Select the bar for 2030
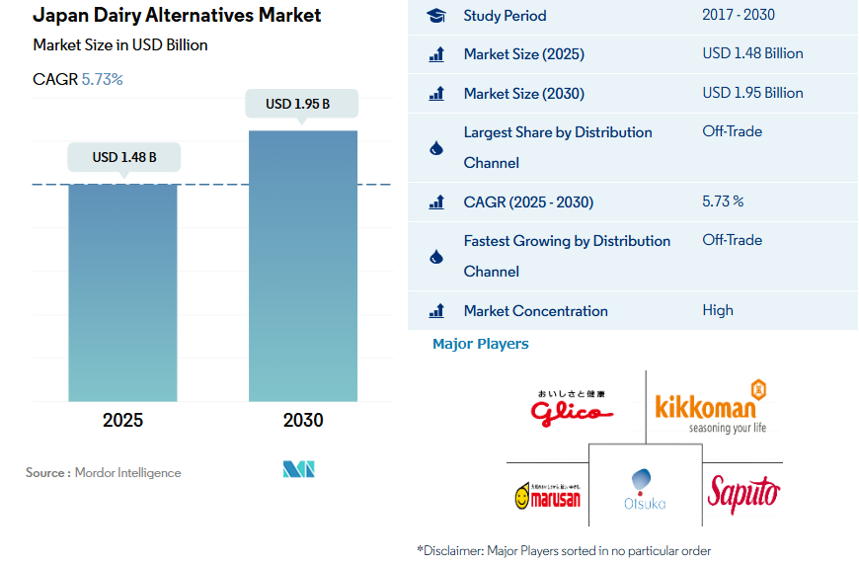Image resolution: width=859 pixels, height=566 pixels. tap(303, 266)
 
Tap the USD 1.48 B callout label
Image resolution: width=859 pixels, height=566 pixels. tap(123, 157)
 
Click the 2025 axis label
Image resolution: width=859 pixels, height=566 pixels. tap(122, 420)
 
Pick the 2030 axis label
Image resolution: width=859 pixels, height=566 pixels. tap(303, 420)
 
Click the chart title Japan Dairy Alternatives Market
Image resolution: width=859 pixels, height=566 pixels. tap(177, 16)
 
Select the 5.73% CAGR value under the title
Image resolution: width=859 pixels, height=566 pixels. tap(102, 79)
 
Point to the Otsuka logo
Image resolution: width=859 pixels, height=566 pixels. tap(644, 489)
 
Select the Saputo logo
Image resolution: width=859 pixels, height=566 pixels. tap(742, 492)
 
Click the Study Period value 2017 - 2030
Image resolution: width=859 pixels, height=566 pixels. tap(739, 15)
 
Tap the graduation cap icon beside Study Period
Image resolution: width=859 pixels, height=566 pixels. tap(436, 16)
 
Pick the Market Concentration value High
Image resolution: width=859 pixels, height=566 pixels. tap(718, 310)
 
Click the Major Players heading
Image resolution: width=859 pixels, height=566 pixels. tap(481, 344)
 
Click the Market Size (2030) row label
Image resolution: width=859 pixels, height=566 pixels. tap(523, 93)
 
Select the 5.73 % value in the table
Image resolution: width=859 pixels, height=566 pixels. tap(723, 202)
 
